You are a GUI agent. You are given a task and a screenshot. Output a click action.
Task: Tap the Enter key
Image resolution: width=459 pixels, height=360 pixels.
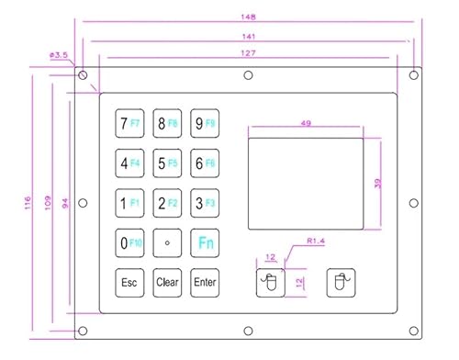pos(205,283)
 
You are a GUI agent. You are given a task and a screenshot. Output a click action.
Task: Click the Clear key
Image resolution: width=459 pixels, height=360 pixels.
pos(167,283)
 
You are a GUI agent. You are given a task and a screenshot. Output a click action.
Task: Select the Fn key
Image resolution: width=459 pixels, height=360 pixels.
pos(205,242)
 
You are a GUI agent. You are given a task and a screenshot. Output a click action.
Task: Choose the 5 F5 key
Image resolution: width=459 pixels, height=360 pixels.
pos(167,163)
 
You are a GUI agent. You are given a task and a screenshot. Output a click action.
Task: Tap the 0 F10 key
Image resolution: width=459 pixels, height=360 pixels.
pos(129,242)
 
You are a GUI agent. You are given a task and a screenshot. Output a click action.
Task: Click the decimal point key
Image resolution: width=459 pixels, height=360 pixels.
pos(167,242)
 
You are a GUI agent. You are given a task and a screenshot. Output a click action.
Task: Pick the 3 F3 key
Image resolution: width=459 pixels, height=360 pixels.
pos(205,203)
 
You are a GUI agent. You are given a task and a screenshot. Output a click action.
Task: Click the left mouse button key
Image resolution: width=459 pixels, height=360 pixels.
pos(271,283)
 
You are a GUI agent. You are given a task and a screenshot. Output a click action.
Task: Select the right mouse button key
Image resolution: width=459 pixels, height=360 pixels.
pos(341,283)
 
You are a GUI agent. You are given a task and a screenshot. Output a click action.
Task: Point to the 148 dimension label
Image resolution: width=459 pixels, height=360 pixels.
pos(248,17)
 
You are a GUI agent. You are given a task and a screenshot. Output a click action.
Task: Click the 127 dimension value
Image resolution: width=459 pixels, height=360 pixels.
pos(248,53)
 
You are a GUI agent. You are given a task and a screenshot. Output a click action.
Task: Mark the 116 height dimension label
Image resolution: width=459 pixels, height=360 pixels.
pos(28,203)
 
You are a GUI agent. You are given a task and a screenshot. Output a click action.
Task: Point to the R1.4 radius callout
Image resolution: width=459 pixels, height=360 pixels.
pos(316,241)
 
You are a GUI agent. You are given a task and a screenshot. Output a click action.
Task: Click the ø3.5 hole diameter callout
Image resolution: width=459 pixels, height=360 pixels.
pos(59,55)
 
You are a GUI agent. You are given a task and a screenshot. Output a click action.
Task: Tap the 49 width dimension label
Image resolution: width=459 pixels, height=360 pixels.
pos(306,123)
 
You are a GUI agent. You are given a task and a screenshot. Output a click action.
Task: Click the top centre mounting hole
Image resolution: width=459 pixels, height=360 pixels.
pos(248,75)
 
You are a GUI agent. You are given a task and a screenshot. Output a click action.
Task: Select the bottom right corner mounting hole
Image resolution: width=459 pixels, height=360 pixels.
pos(414,331)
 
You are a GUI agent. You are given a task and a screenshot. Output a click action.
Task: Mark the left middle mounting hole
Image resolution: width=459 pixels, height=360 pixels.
pos(83,203)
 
